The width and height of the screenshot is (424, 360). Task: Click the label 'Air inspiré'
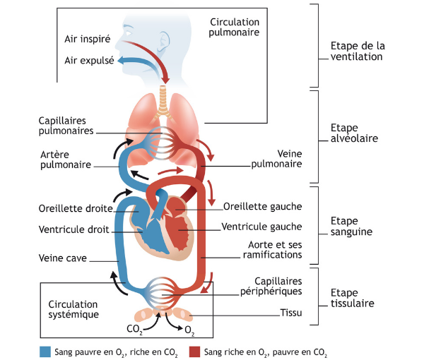[88, 39]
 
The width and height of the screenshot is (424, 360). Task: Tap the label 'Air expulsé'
[89, 61]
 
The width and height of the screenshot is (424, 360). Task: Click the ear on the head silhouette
[164, 42]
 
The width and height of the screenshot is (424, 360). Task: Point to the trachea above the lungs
[163, 100]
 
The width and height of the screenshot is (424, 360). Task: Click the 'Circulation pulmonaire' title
[234, 28]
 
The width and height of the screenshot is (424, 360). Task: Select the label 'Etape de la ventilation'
[358, 52]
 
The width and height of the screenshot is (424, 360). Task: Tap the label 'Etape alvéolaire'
[354, 133]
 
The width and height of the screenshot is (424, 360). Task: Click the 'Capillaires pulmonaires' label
[66, 126]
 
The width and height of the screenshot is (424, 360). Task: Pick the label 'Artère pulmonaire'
[66, 160]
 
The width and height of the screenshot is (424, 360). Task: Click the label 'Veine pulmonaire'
[276, 159]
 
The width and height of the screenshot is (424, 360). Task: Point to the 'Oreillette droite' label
[76, 209]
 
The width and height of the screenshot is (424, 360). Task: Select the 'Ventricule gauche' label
[261, 227]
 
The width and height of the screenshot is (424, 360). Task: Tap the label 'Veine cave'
[63, 258]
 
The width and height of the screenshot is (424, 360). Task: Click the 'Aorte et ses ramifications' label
[272, 250]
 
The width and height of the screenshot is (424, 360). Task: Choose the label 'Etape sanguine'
[351, 227]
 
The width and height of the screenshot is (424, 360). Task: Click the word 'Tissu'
[291, 313]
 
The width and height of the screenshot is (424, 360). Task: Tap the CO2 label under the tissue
[135, 330]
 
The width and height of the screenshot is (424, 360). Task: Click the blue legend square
[45, 352]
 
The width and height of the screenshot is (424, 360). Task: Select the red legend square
[195, 352]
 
